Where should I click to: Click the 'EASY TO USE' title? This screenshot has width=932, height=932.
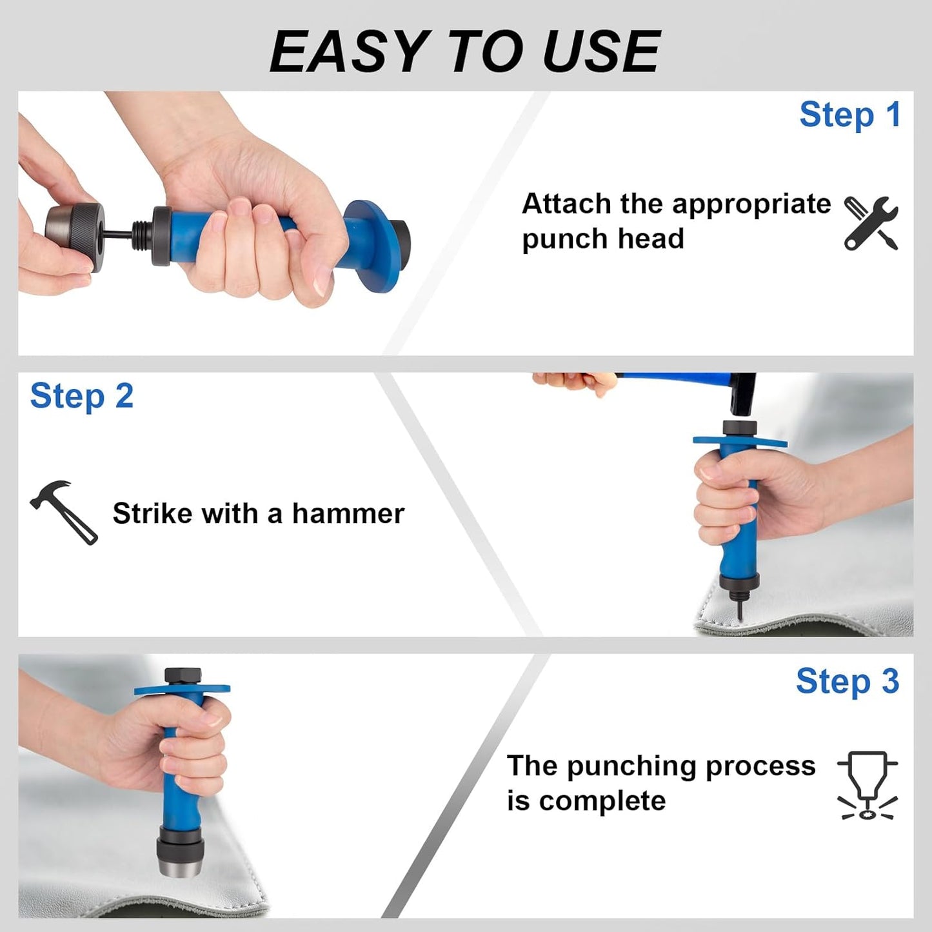[465, 51]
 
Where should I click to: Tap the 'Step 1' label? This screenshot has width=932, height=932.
[849, 115]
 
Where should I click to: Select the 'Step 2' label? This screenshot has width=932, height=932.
[81, 396]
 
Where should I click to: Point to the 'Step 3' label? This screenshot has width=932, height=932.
[848, 681]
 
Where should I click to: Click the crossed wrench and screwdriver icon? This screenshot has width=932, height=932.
[871, 223]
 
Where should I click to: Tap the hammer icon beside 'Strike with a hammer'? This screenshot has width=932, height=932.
[64, 512]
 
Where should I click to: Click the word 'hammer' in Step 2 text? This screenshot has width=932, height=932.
[348, 513]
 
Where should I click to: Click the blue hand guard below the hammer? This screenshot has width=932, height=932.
[740, 441]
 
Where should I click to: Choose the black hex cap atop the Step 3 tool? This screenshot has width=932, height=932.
[183, 676]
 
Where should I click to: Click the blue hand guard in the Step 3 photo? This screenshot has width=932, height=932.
[182, 689]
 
